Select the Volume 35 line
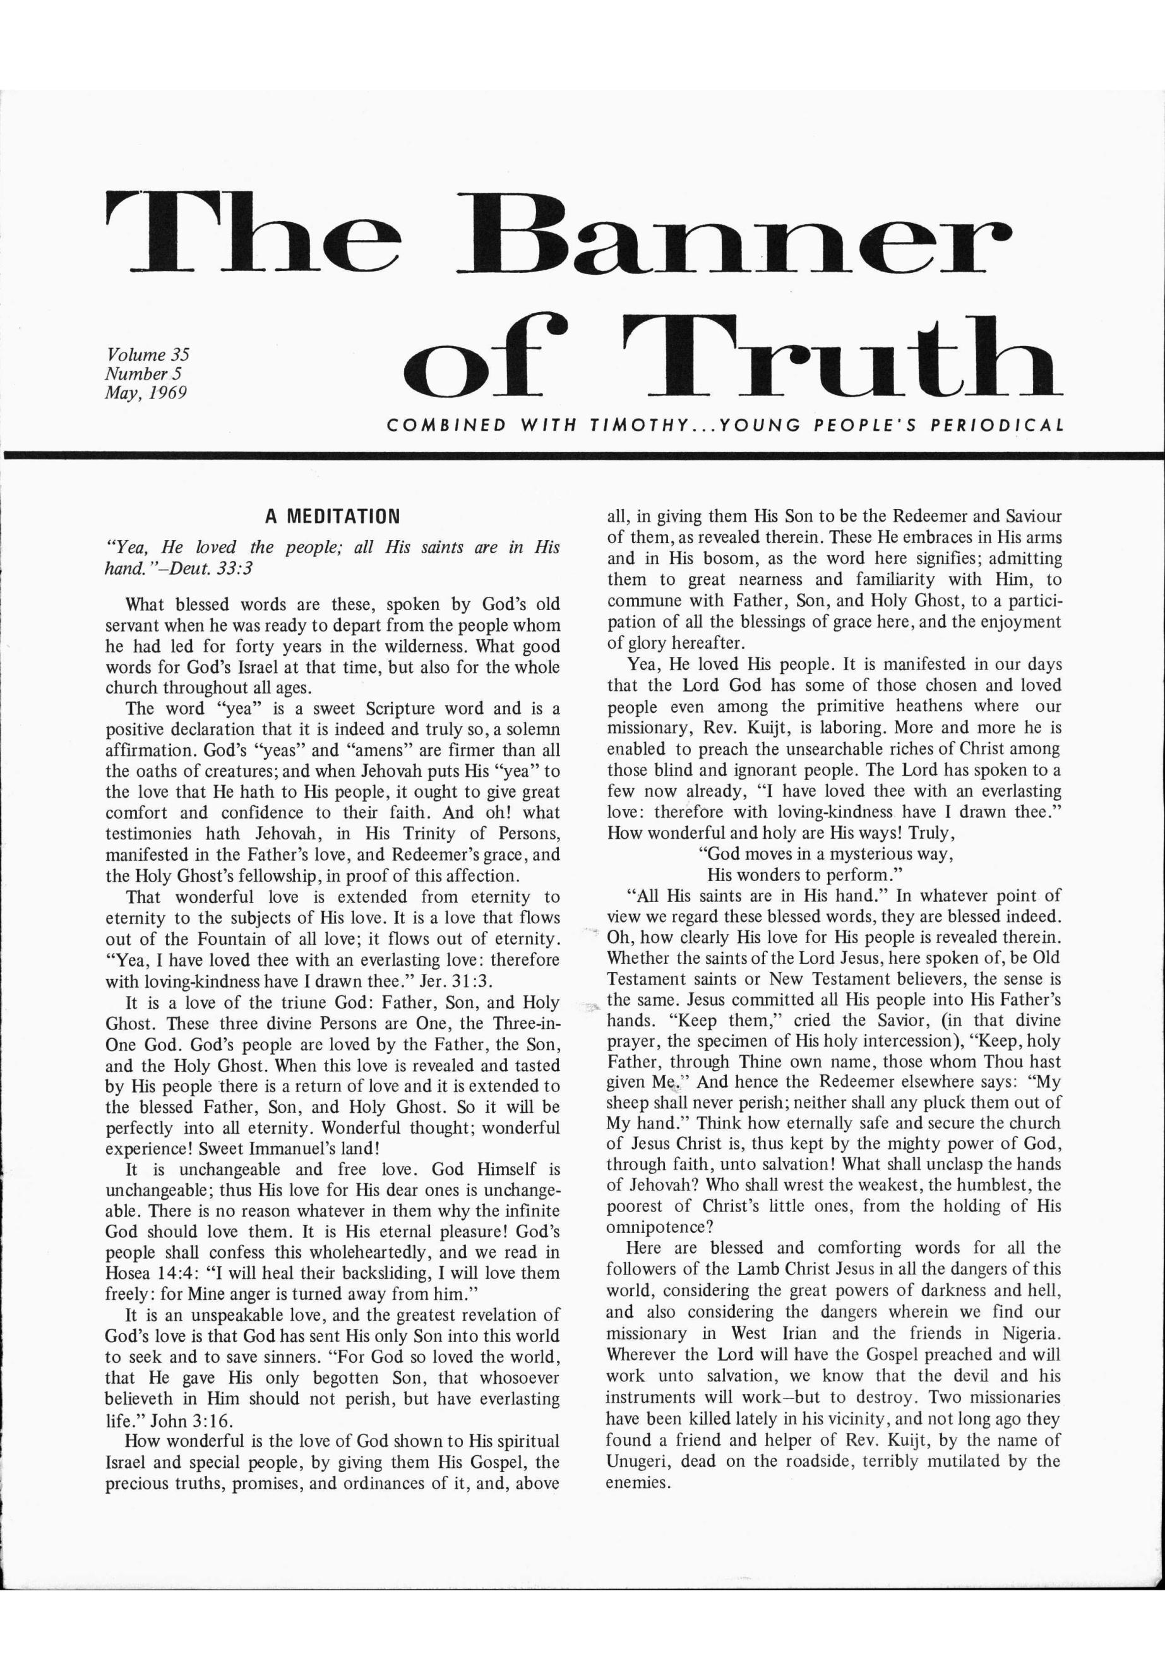click(148, 355)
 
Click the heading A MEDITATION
click(332, 518)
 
